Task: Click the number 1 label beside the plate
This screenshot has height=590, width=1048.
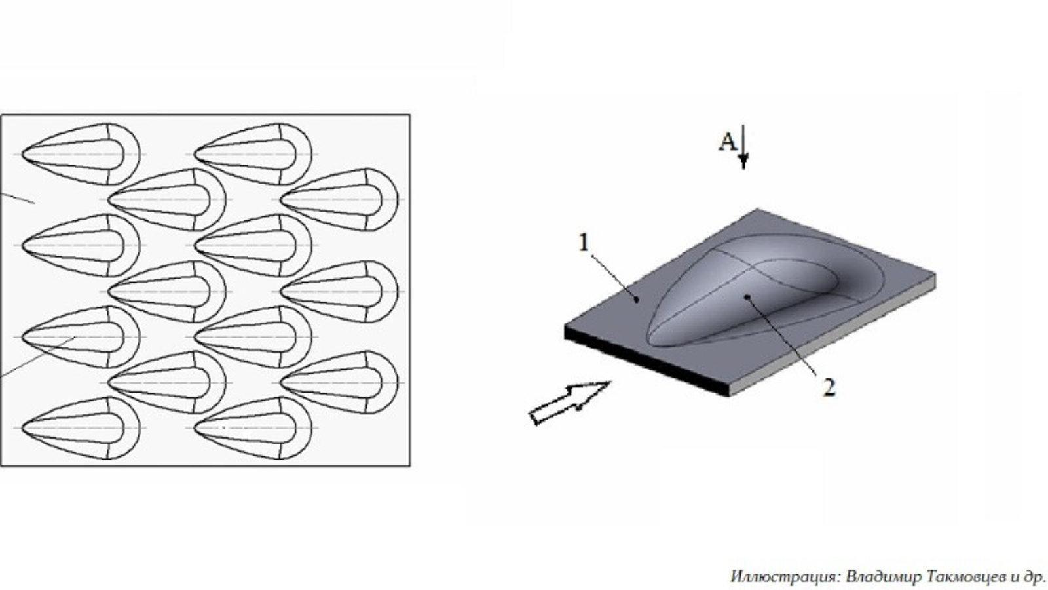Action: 584,243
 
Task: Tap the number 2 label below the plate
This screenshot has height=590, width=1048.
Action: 829,388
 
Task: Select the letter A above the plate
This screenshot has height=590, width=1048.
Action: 728,142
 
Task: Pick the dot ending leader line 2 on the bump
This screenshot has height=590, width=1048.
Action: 747,296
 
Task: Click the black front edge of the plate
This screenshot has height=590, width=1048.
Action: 646,361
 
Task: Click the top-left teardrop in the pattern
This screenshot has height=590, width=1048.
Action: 81,154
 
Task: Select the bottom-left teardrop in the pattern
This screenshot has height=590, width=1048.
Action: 81,428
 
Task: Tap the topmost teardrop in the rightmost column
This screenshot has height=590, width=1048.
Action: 339,199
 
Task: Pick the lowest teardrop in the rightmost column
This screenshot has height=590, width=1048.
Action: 339,383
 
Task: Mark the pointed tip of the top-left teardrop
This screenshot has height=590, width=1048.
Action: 22,154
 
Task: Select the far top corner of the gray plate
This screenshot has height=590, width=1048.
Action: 757,209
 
